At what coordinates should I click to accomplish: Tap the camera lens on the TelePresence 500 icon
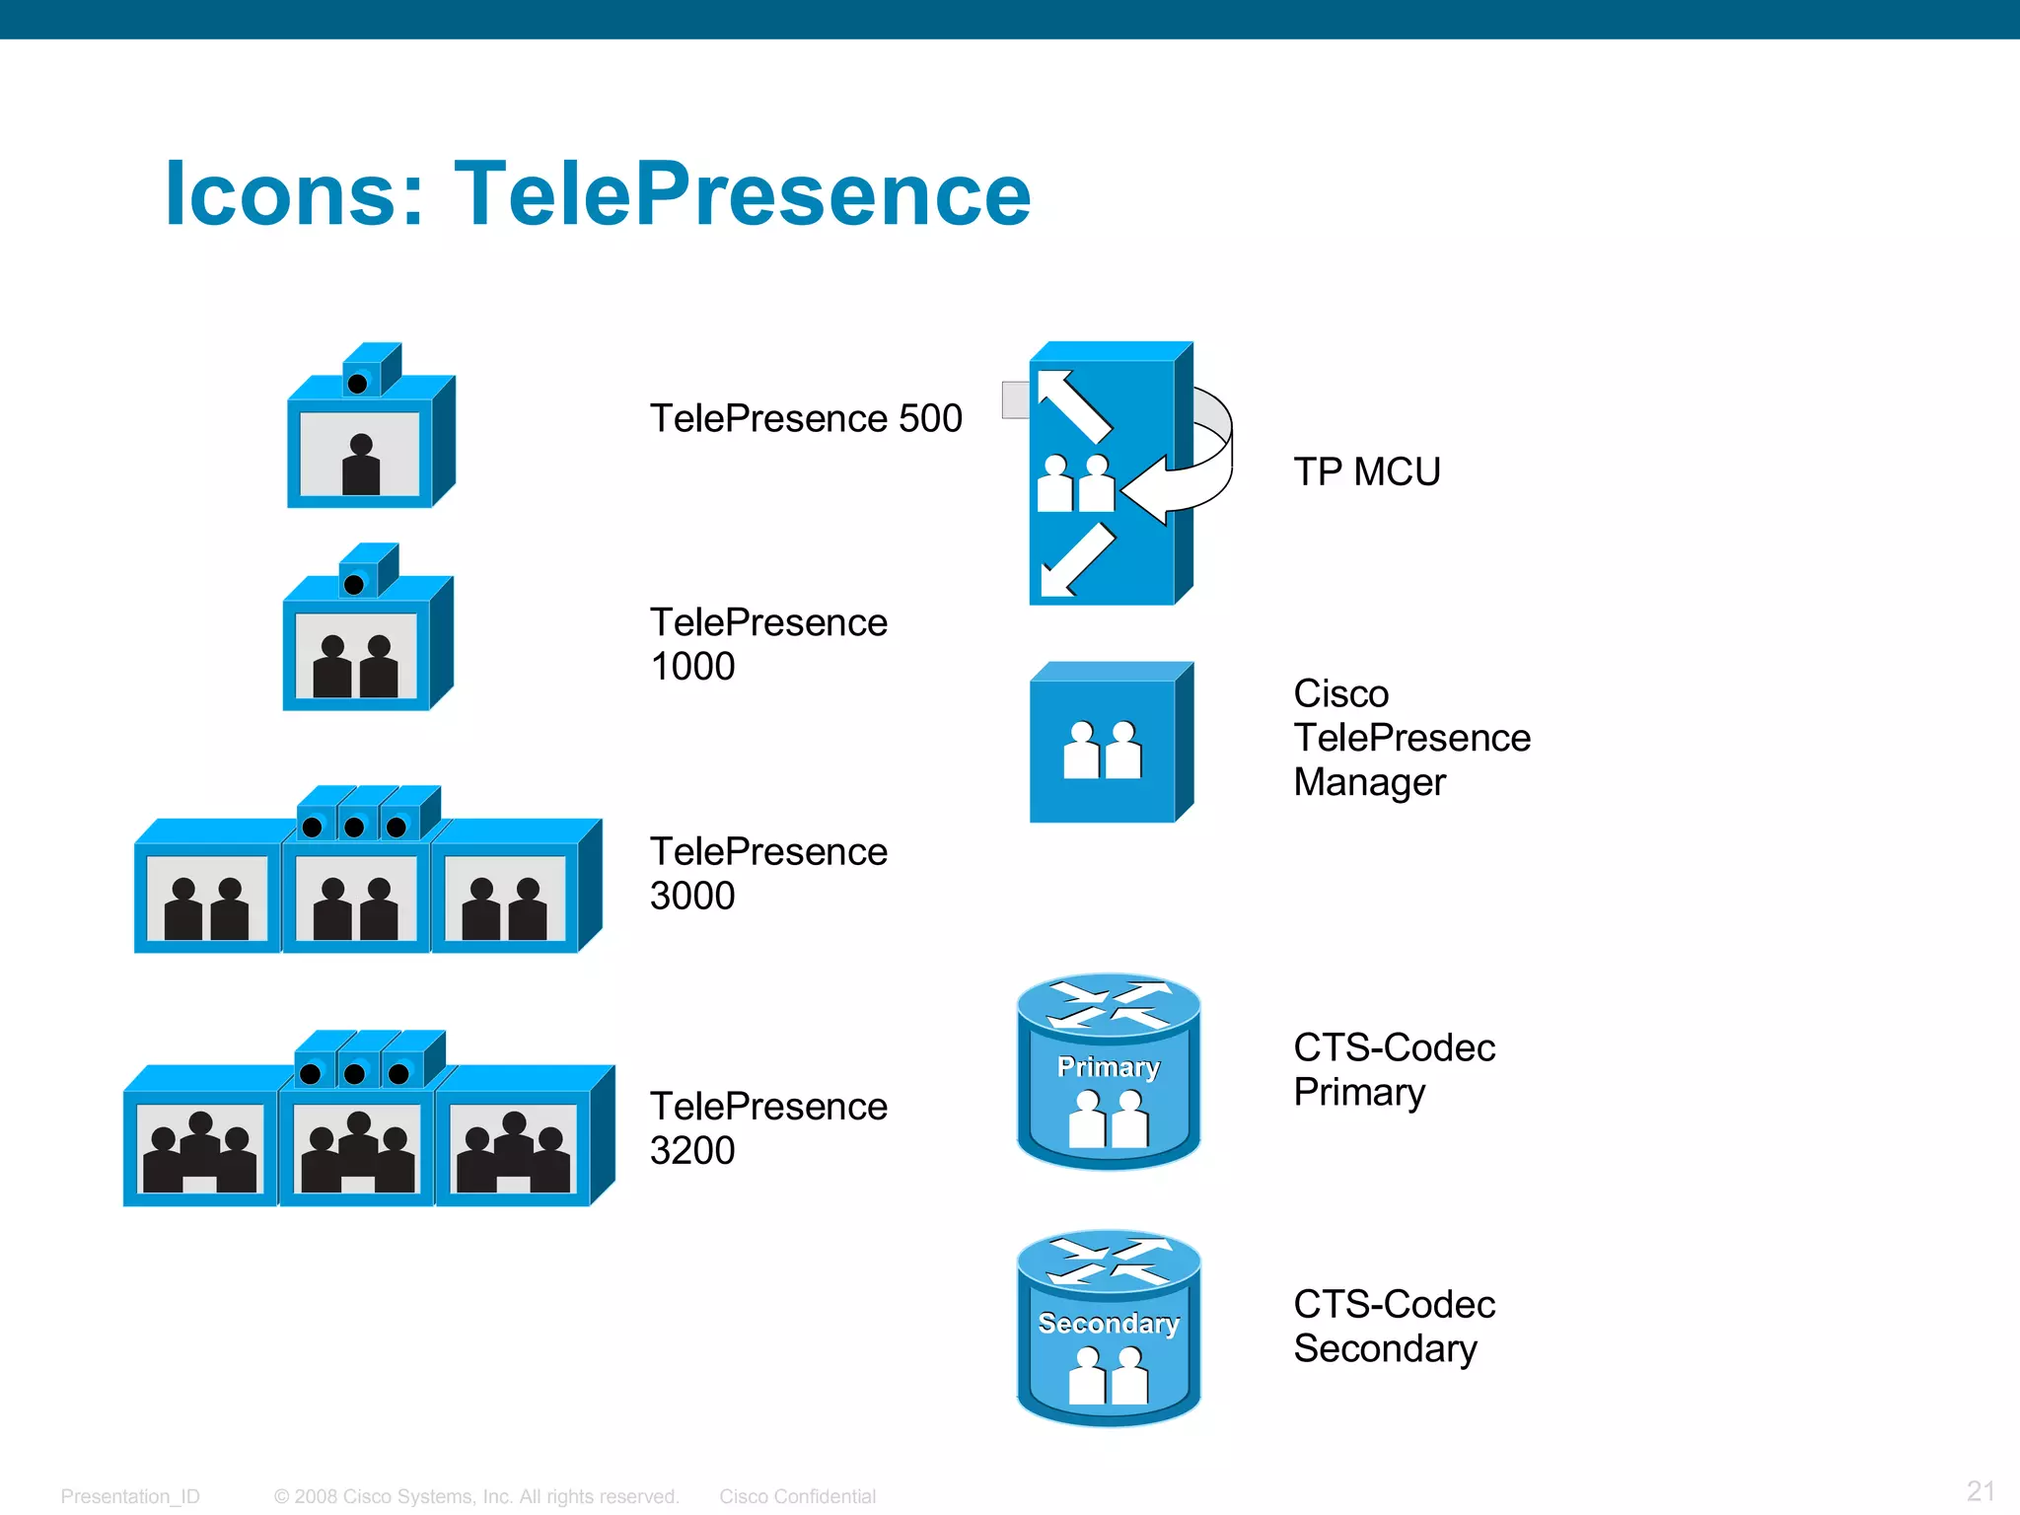click(x=358, y=384)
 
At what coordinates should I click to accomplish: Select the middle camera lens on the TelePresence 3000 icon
click(x=354, y=827)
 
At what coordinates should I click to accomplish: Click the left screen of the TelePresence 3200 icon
click(x=200, y=1148)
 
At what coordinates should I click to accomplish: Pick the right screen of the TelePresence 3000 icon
click(x=505, y=898)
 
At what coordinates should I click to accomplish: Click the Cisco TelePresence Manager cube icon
click(x=1110, y=745)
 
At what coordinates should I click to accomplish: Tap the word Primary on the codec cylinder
click(x=1109, y=1067)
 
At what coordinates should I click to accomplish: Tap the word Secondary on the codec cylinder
click(x=1109, y=1324)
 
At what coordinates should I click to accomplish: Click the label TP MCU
click(x=1367, y=471)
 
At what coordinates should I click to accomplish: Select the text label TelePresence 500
click(x=805, y=418)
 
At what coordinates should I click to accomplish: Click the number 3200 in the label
click(x=692, y=1151)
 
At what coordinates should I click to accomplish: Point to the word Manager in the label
click(x=1369, y=782)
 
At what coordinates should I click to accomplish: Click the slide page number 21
click(x=1981, y=1490)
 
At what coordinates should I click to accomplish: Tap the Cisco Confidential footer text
click(x=797, y=1496)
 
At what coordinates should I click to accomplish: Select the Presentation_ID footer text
click(x=130, y=1496)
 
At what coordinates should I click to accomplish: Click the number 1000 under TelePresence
click(x=692, y=667)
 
